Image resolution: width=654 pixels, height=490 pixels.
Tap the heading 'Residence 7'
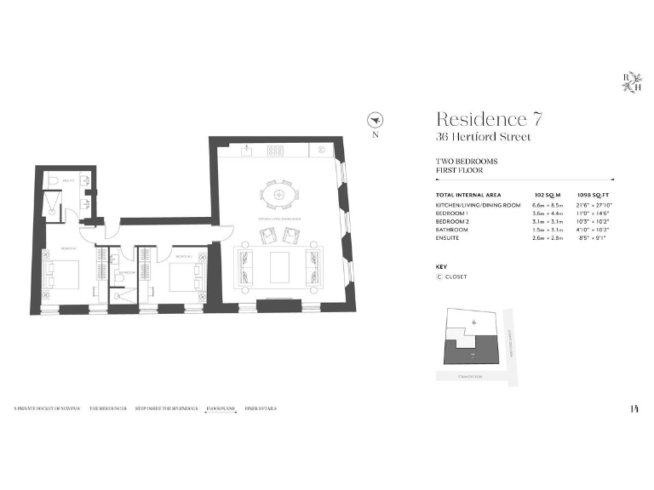489,119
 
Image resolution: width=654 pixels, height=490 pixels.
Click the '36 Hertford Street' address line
483,137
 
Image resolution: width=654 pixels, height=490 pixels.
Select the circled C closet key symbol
439,276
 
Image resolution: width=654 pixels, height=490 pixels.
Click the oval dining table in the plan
279,195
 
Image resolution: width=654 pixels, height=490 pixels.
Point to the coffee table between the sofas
279,266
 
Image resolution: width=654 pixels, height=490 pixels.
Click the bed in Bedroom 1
61,274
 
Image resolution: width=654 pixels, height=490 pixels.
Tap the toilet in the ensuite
52,181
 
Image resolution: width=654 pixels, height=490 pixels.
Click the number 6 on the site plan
473,322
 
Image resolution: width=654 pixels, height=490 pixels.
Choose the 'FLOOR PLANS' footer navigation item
220,409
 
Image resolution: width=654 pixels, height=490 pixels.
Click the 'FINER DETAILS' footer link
261,409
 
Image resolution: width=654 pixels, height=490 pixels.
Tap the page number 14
634,409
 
